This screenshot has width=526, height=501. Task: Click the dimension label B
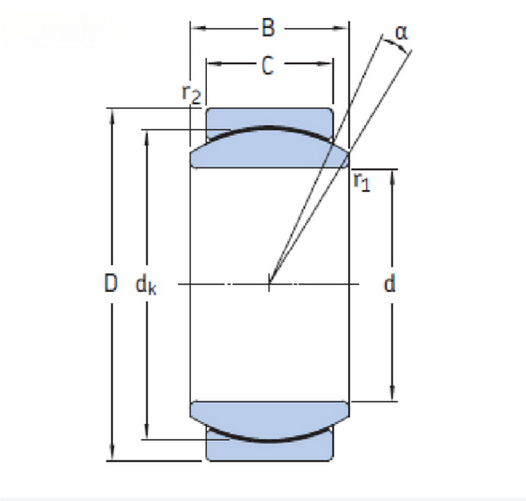(268, 28)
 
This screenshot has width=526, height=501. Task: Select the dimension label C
(267, 66)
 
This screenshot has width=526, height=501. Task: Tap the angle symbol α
(401, 33)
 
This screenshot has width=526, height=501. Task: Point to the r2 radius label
(191, 94)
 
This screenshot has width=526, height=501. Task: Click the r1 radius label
(362, 182)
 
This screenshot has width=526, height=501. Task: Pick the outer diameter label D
(111, 283)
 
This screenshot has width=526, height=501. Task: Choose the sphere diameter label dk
(146, 286)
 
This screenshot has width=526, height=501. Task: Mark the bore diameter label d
(389, 284)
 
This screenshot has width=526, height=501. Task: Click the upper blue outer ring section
(269, 118)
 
